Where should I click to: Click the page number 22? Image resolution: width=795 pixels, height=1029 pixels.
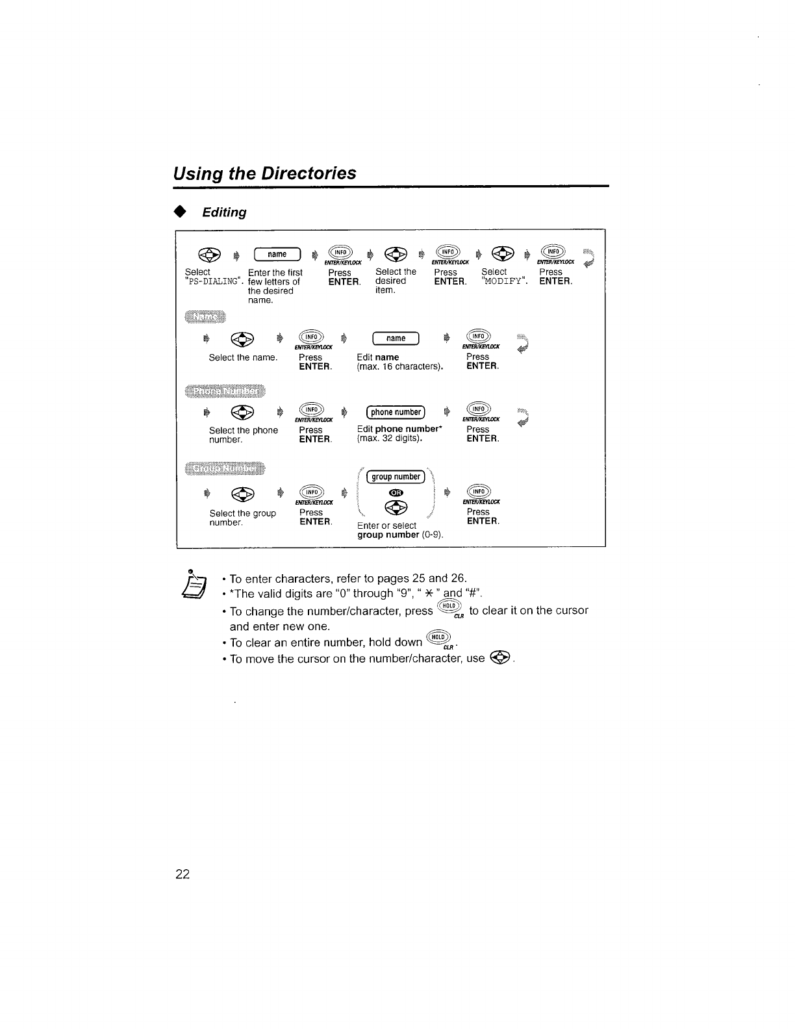pos(182,874)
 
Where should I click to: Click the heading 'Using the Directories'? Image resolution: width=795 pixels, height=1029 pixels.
pos(264,173)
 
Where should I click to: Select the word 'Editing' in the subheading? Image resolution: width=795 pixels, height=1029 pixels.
pos(224,212)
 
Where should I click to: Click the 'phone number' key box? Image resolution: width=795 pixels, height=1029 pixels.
pos(396,412)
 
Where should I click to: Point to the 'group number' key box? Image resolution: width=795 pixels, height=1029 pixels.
pos(396,477)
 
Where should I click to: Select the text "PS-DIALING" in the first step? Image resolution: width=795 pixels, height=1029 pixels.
pos(214,281)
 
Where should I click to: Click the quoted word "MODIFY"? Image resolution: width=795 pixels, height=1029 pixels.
pos(505,281)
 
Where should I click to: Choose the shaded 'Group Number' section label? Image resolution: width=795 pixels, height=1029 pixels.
pos(226,469)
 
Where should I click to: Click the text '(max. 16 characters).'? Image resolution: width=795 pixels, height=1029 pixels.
pos(400,366)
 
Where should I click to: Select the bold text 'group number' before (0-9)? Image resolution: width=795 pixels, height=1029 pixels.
pos(388,535)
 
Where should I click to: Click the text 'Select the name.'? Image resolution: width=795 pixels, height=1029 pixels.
pos(243,357)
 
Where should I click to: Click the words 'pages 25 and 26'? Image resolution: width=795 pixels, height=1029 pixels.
pos(430,578)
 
